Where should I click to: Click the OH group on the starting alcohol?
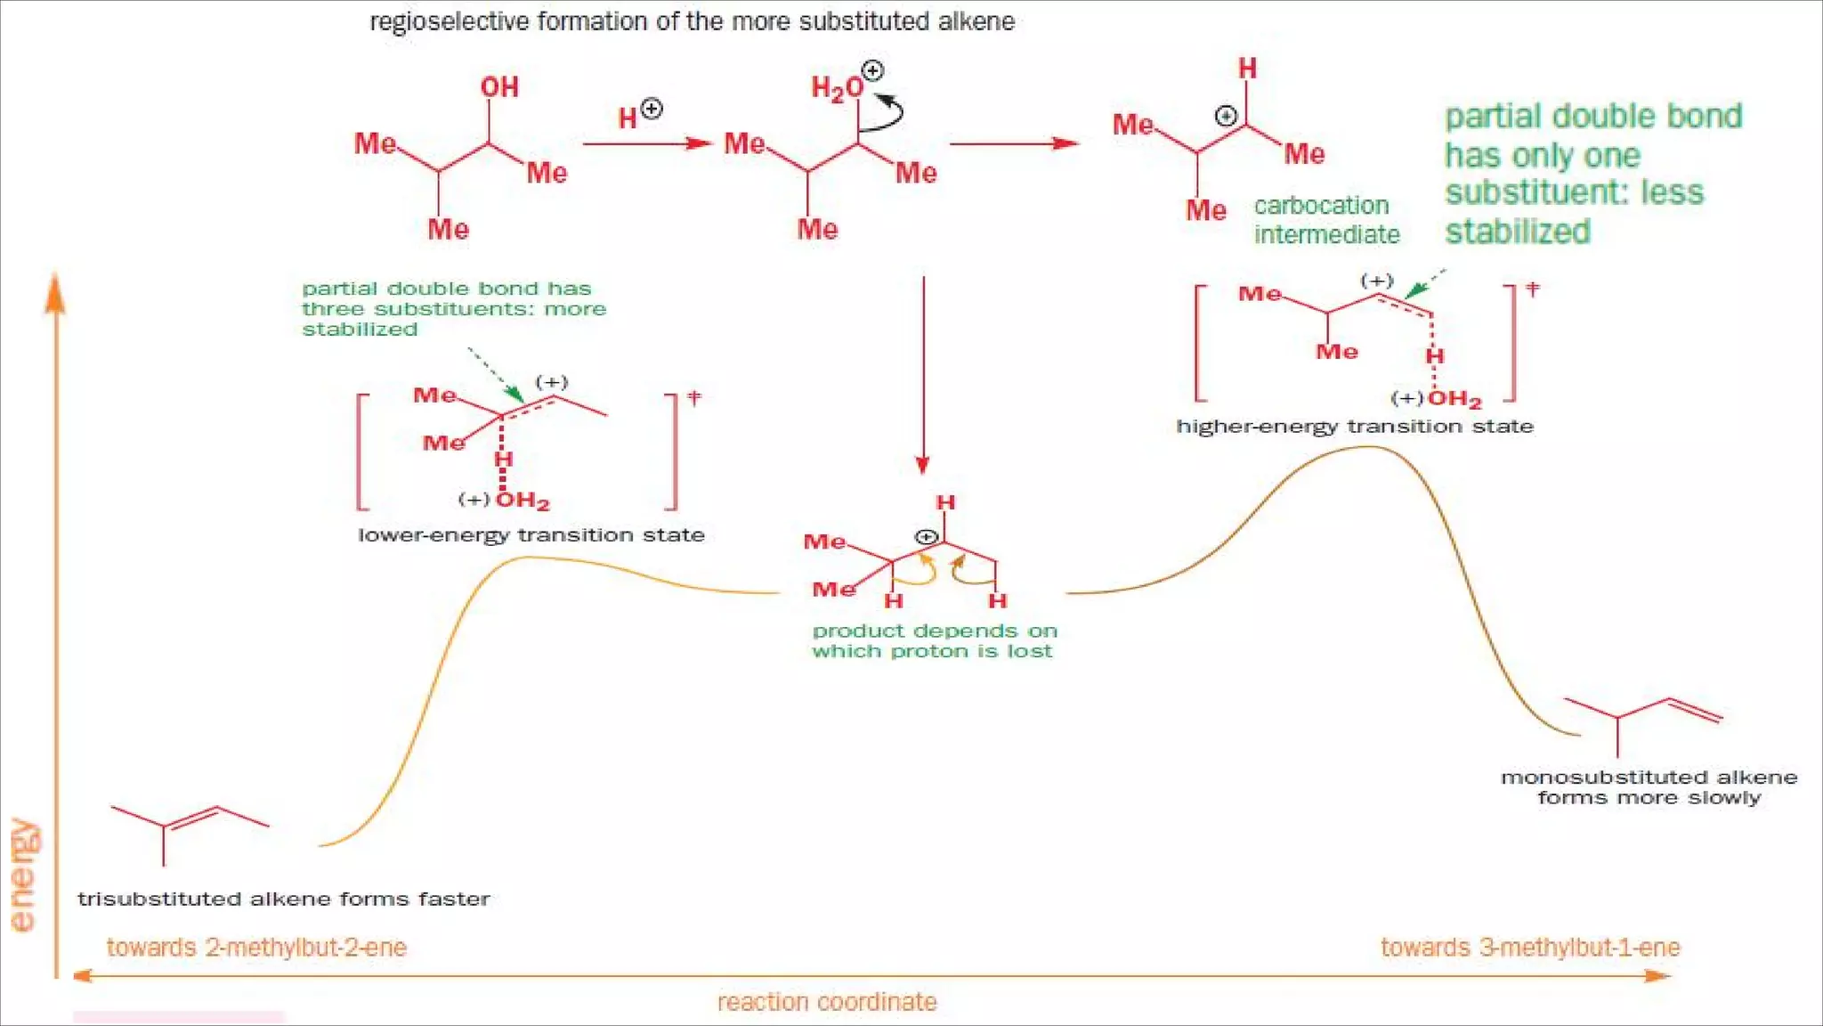pos(499,87)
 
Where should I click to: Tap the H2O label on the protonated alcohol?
pos(837,87)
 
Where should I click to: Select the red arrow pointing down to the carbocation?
pos(923,374)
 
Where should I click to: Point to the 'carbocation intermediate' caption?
pos(1325,220)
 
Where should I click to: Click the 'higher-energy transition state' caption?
pos(1354,427)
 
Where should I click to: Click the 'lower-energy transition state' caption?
pos(531,535)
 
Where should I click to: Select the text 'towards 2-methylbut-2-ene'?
pos(256,948)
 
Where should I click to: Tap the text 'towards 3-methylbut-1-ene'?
pos(1529,948)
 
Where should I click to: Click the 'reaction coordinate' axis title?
pos(827,1003)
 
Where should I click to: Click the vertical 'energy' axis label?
pos(23,875)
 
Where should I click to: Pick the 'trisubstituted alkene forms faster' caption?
pos(283,900)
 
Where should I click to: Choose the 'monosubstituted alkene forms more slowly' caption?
pos(1649,787)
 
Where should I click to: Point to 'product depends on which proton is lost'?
pos(934,641)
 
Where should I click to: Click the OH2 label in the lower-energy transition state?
pos(523,501)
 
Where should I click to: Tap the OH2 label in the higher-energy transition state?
pos(1454,399)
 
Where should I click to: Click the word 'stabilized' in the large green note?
pos(1517,232)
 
